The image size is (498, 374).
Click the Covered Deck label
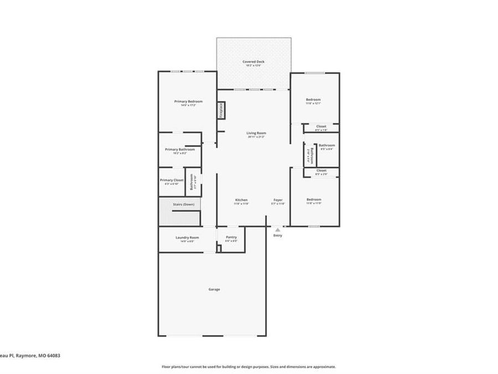[253, 62]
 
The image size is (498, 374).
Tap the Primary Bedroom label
[188, 101]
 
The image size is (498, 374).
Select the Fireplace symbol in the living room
[220, 110]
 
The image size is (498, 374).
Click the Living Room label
[256, 133]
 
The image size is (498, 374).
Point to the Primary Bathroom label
[179, 149]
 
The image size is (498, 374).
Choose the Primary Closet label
[172, 180]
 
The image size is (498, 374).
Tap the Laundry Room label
[187, 238]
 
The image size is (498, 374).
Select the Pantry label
[231, 237]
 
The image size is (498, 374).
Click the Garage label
[214, 289]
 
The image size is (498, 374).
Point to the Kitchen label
[241, 199]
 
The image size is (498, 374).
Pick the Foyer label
[278, 199]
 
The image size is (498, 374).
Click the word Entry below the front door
[277, 235]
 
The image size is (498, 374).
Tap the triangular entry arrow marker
[277, 228]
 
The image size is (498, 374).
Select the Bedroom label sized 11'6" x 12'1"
[313, 100]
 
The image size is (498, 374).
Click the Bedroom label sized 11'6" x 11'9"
[314, 199]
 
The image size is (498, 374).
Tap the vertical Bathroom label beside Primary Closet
[191, 182]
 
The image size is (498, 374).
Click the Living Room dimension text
[256, 137]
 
